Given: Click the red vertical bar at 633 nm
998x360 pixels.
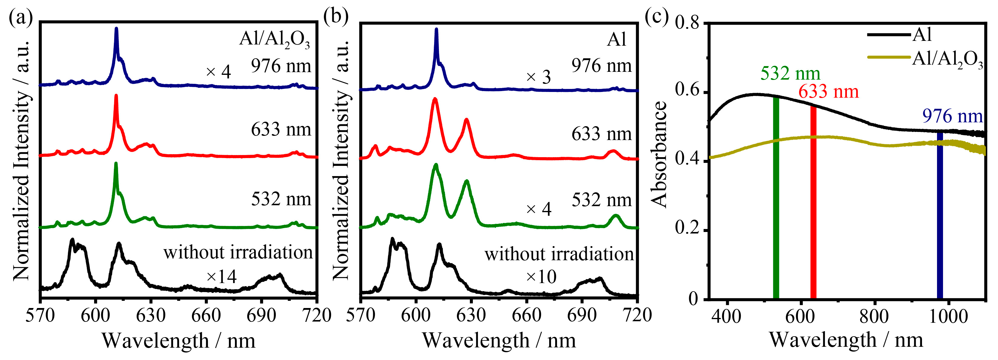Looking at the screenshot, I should point(813,202).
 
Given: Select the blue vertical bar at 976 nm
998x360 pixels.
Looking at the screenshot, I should point(939,215).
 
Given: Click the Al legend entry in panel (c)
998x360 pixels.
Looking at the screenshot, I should point(922,35).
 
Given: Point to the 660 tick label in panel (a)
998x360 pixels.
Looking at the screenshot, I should point(206,316).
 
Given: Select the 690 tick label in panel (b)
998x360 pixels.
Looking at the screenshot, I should point(582,316).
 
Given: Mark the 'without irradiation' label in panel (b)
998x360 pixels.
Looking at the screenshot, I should point(559,254).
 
